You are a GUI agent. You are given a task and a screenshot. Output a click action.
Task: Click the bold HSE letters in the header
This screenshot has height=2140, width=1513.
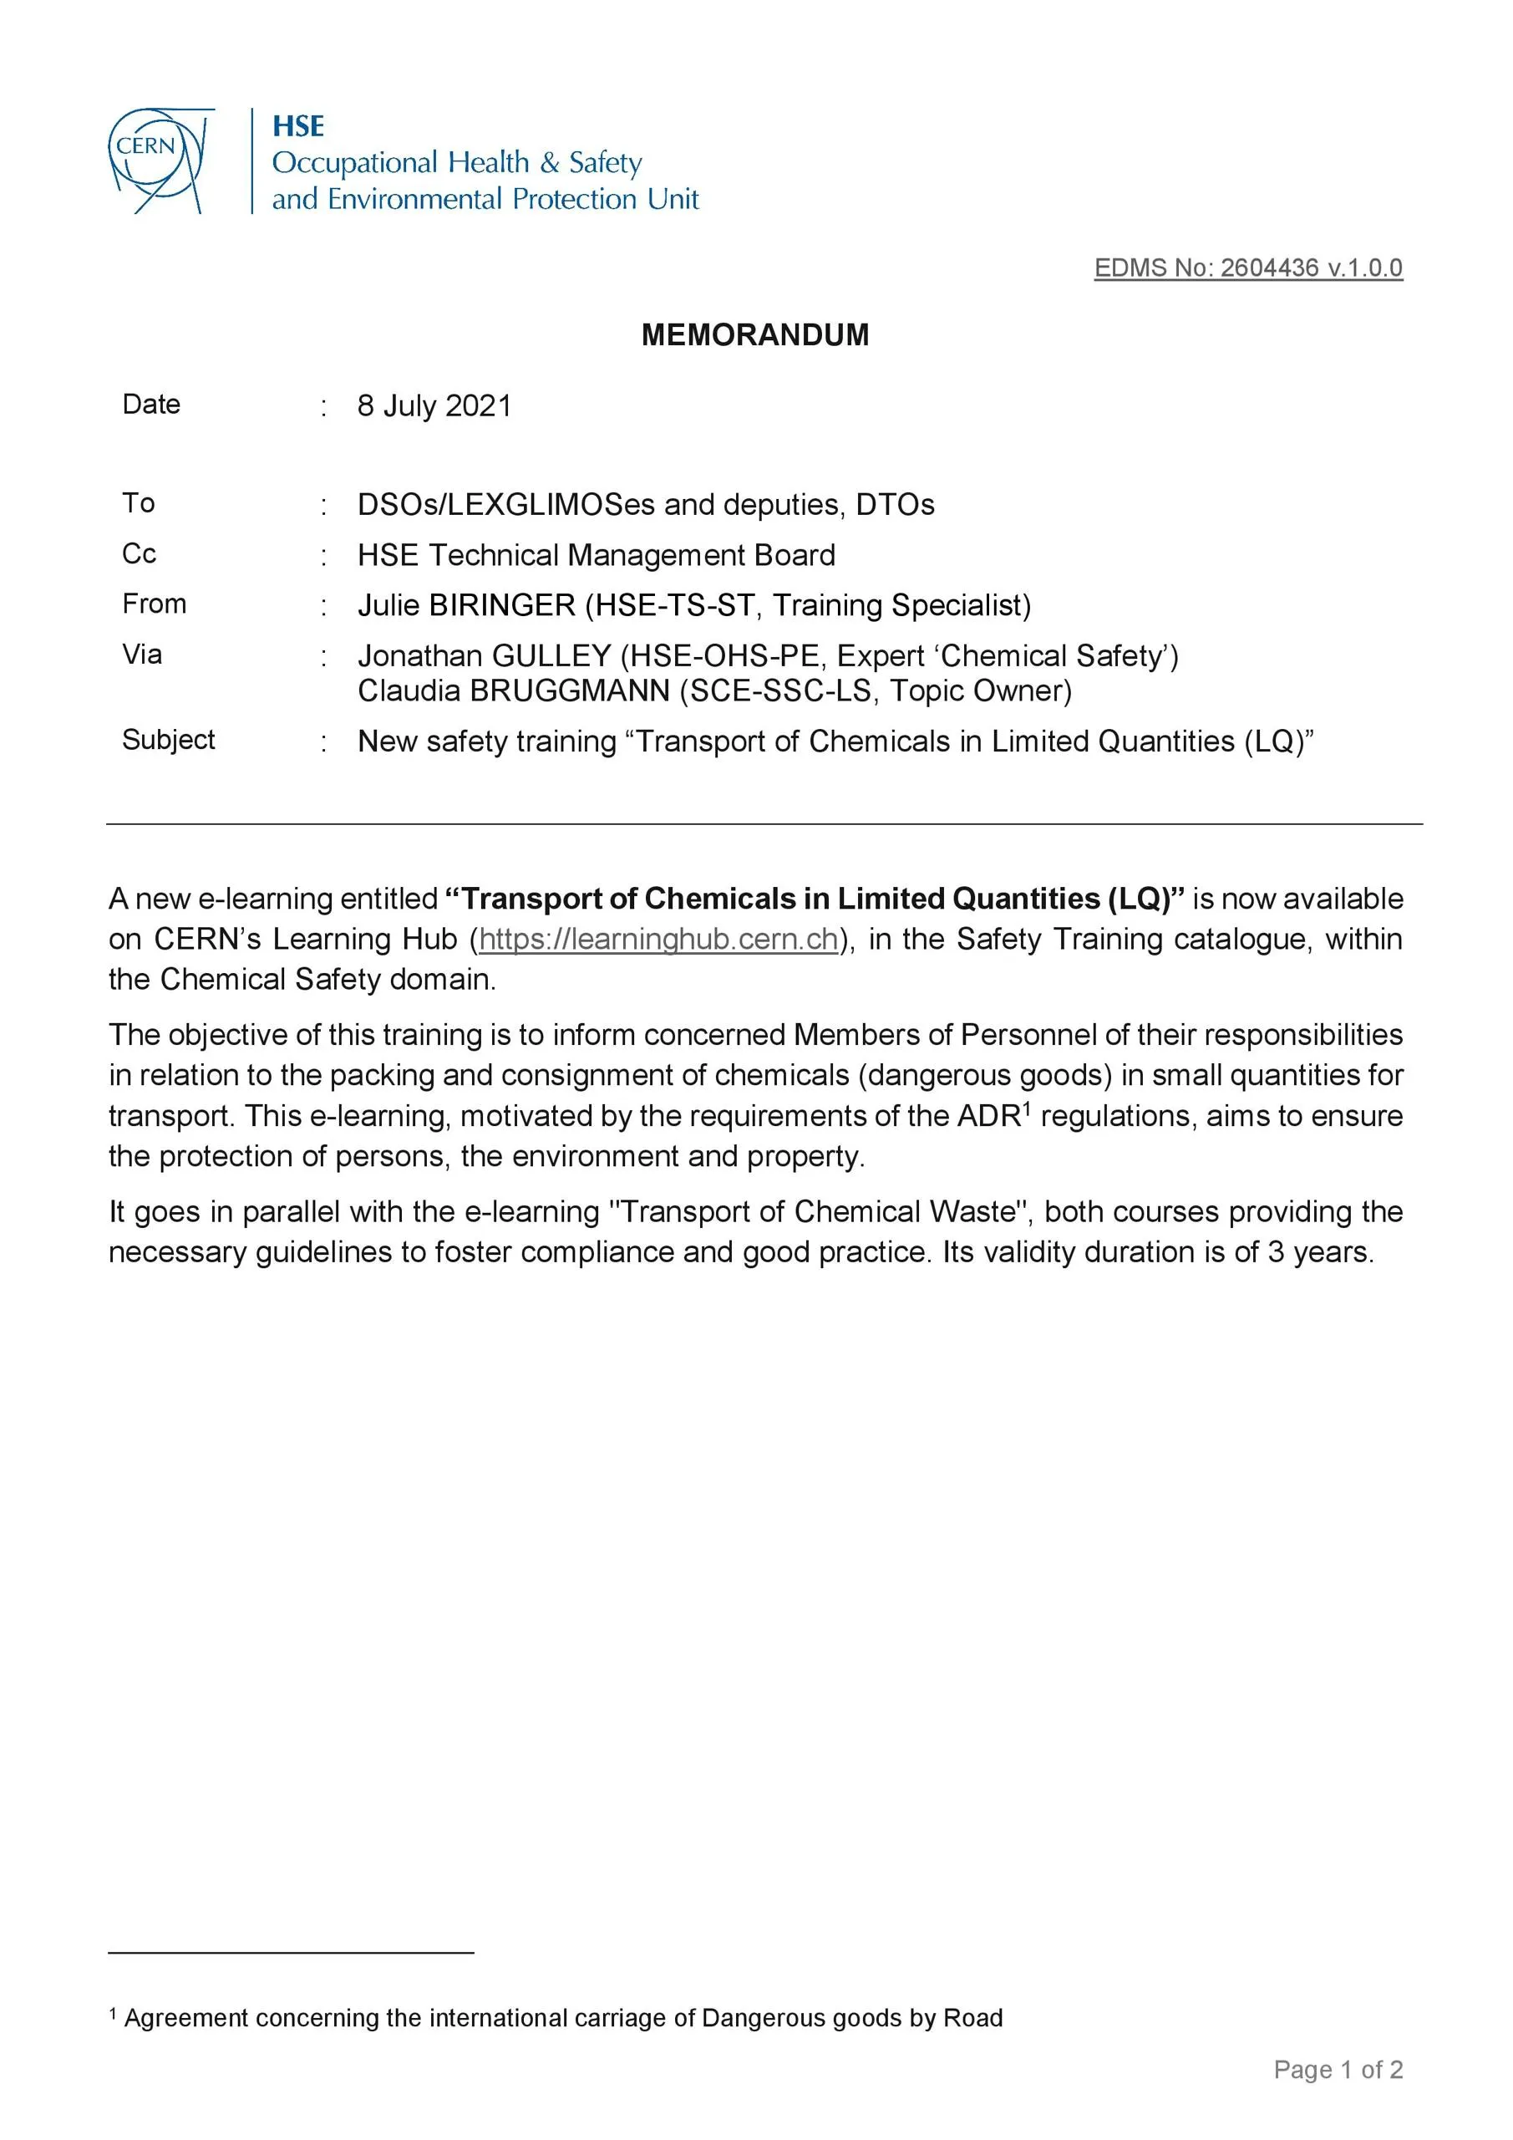tap(298, 126)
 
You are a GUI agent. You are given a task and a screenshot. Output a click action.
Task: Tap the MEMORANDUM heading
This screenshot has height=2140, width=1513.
tap(754, 334)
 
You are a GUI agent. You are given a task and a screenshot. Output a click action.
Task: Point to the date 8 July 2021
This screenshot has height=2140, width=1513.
tap(434, 406)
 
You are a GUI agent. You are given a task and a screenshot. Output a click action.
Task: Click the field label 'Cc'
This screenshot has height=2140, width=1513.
tap(139, 553)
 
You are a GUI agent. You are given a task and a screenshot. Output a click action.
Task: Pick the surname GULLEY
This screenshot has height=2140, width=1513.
tap(551, 656)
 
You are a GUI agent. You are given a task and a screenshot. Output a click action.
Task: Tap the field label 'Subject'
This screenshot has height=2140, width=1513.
tap(169, 739)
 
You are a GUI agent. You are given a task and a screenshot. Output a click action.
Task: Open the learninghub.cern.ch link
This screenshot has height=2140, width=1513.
tap(658, 939)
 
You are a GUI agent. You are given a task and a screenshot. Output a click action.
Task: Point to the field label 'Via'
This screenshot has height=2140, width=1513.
tap(142, 655)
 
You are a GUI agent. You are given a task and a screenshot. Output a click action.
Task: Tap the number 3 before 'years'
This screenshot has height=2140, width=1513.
tap(1276, 1251)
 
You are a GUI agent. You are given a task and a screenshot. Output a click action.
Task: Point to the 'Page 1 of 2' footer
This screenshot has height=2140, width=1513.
tap(1338, 2070)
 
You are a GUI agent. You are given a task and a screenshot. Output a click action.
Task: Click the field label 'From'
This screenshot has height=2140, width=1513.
tap(154, 604)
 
